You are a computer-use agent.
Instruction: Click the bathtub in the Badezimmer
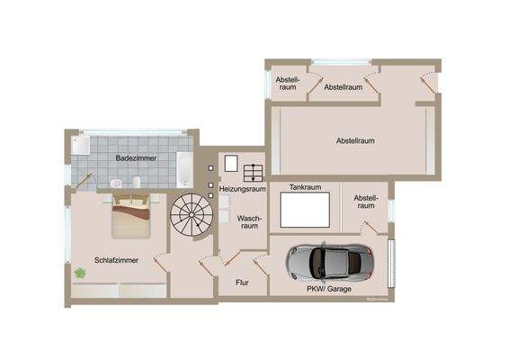(x=183, y=167)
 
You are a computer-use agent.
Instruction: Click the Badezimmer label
(x=136, y=158)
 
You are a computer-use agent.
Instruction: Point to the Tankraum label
(x=305, y=188)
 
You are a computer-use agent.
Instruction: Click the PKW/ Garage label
(x=327, y=289)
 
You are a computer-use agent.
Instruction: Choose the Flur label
(x=242, y=283)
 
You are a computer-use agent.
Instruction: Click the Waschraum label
(x=249, y=223)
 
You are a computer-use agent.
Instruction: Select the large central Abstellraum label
(x=355, y=141)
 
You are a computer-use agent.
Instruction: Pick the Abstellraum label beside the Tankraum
(x=365, y=202)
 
